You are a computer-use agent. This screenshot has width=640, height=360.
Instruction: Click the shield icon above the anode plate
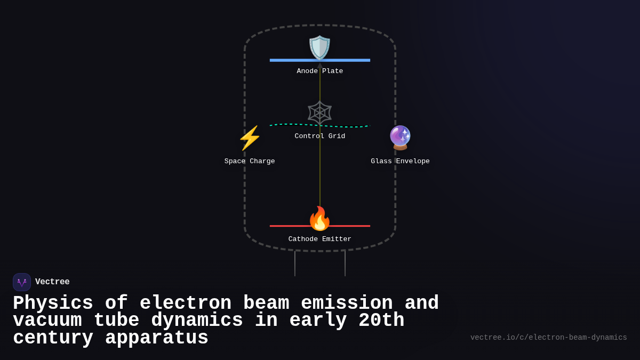(x=320, y=47)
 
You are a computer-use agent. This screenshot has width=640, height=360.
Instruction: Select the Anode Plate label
(x=320, y=71)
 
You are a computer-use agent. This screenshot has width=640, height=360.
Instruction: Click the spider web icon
(x=320, y=113)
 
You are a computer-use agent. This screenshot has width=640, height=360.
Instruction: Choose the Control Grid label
(x=320, y=137)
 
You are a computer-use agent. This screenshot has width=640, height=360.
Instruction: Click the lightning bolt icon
(x=250, y=138)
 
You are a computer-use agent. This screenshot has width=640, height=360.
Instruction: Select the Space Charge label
(x=250, y=162)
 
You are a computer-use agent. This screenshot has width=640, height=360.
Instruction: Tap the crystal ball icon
(x=400, y=138)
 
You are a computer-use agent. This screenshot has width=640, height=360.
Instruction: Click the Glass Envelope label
(x=400, y=162)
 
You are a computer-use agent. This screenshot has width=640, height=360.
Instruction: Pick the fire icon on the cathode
(x=320, y=218)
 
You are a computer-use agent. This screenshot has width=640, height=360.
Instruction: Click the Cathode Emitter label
(x=320, y=239)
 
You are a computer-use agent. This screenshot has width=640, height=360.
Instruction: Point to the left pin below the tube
(x=295, y=263)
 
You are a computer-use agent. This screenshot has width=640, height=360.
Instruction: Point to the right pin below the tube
(x=345, y=263)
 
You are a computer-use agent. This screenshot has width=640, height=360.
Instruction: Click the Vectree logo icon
(x=22, y=282)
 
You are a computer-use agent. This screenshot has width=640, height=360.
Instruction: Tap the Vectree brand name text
(x=52, y=282)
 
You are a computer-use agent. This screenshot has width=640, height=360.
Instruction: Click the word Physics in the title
(x=53, y=303)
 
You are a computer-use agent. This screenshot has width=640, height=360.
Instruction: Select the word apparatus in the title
(x=157, y=338)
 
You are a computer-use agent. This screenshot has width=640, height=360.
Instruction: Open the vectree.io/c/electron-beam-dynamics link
(x=548, y=338)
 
